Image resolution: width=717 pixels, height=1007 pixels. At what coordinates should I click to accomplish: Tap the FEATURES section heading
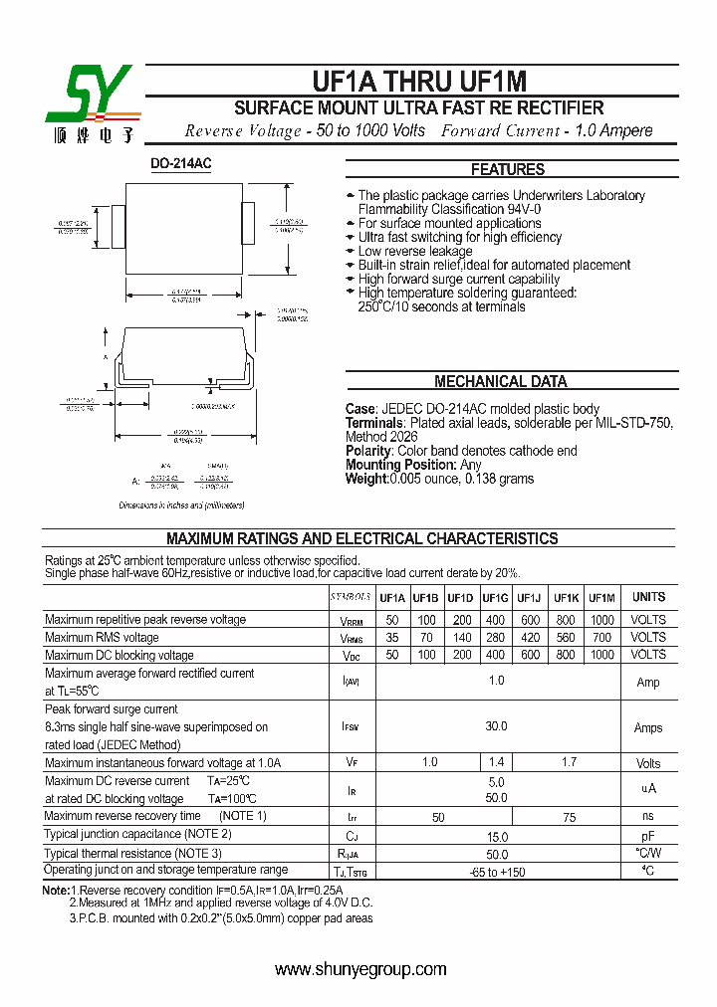click(507, 169)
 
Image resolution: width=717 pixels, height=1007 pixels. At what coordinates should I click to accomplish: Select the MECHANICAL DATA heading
click(500, 381)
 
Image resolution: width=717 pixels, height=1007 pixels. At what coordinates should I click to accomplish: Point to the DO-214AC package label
click(181, 163)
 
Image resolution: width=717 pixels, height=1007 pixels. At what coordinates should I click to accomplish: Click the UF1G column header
click(495, 598)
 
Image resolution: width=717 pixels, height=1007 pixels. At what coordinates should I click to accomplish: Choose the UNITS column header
click(648, 597)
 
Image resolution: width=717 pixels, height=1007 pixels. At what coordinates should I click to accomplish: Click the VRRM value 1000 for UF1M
click(601, 620)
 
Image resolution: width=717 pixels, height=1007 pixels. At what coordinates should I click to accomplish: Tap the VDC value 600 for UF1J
click(530, 655)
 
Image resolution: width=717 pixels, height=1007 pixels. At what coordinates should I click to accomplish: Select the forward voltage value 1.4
click(495, 762)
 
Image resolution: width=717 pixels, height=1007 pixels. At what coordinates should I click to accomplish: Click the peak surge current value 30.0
click(496, 727)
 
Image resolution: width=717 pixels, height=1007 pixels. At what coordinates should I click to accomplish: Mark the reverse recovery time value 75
click(569, 817)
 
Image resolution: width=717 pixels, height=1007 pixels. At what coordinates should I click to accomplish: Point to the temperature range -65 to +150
click(497, 873)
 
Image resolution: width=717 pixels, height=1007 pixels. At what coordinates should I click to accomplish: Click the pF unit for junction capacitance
click(648, 837)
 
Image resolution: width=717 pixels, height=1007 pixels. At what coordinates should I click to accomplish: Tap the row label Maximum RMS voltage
click(102, 638)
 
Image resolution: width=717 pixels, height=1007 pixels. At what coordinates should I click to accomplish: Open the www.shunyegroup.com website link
click(360, 969)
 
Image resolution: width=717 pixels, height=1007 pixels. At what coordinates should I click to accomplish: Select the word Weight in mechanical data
click(365, 479)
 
